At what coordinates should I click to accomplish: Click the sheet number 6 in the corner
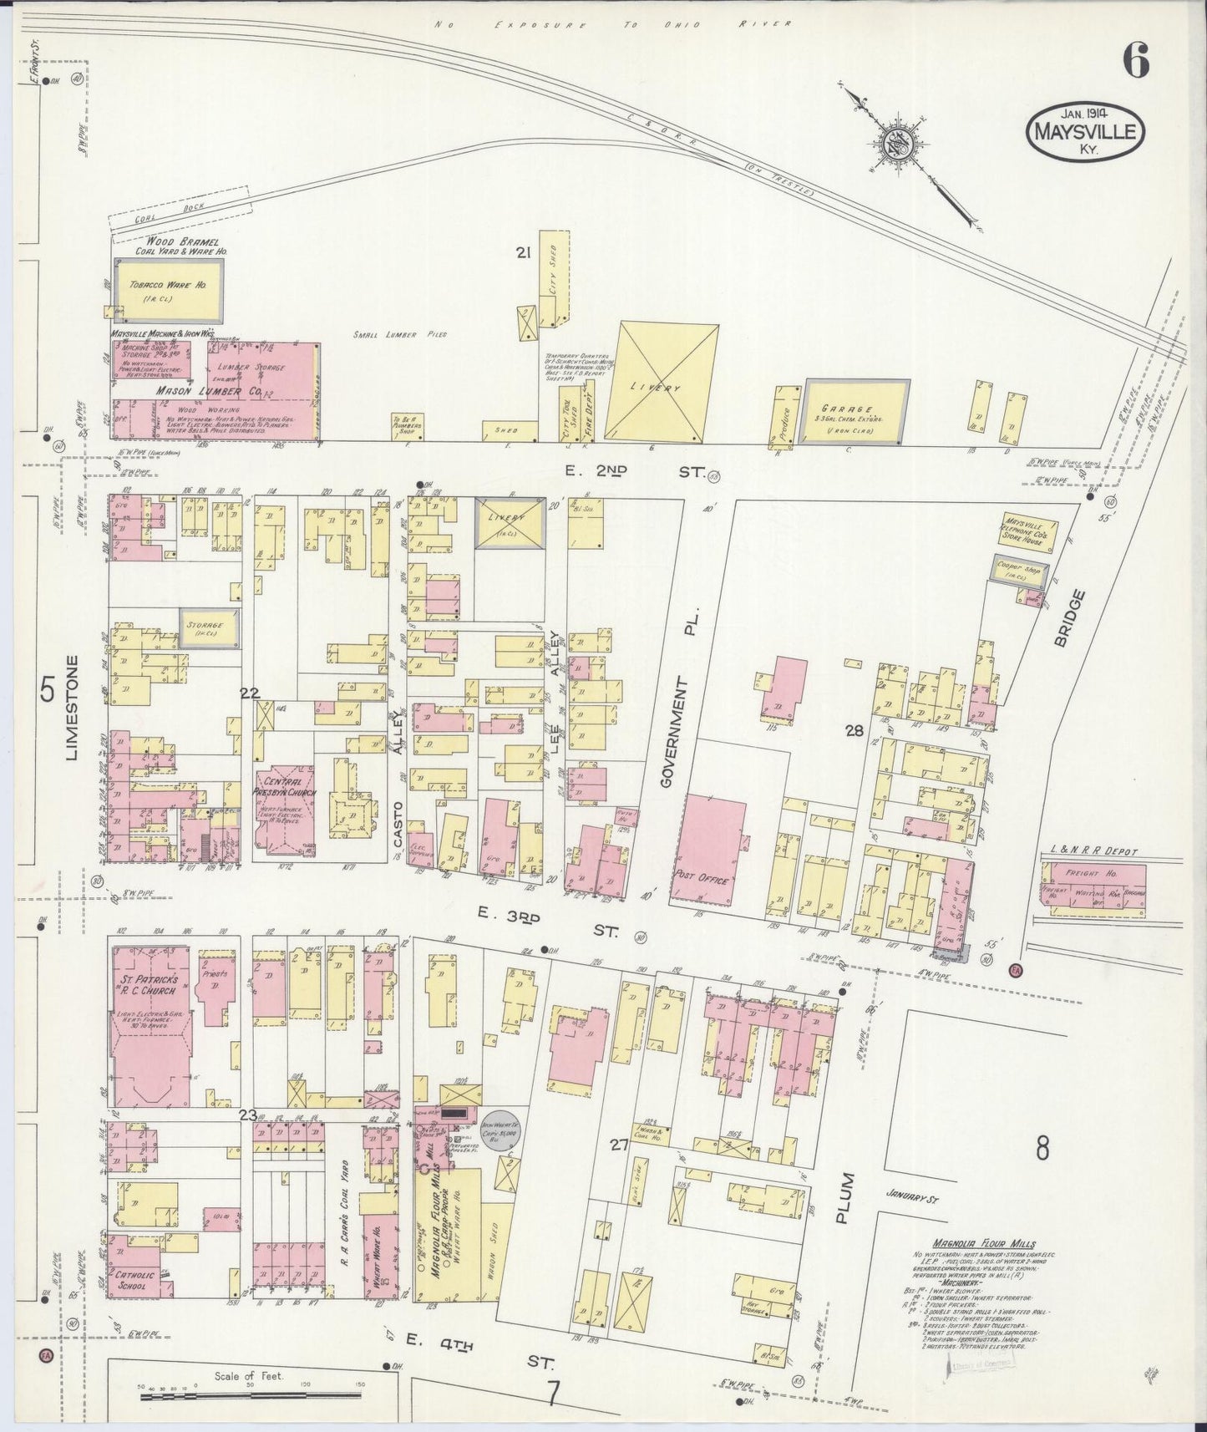1136,59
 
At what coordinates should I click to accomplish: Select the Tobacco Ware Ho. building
169,290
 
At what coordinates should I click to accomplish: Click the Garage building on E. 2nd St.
857,410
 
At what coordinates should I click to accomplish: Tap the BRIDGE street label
1080,618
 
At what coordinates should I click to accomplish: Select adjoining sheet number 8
1042,1149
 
